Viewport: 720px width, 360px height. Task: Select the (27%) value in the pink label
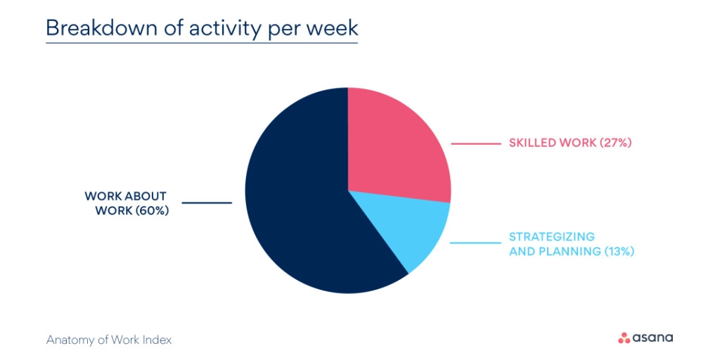pyautogui.click(x=616, y=143)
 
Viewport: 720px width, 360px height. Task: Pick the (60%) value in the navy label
pyautogui.click(x=152, y=210)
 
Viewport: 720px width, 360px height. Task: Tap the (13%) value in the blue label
pyautogui.click(x=619, y=250)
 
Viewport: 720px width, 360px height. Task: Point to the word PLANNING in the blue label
pyautogui.click(x=569, y=250)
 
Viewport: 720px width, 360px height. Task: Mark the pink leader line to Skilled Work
pyautogui.click(x=475, y=144)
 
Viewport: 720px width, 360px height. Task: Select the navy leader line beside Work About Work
pyautogui.click(x=207, y=203)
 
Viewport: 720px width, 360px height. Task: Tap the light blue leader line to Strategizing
pyautogui.click(x=475, y=244)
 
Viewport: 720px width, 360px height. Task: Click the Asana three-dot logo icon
pyautogui.click(x=624, y=338)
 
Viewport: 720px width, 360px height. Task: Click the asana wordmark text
pyautogui.click(x=653, y=338)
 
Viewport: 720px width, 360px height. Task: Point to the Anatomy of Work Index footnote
pyautogui.click(x=109, y=340)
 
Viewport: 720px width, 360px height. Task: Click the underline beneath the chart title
pyautogui.click(x=202, y=44)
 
